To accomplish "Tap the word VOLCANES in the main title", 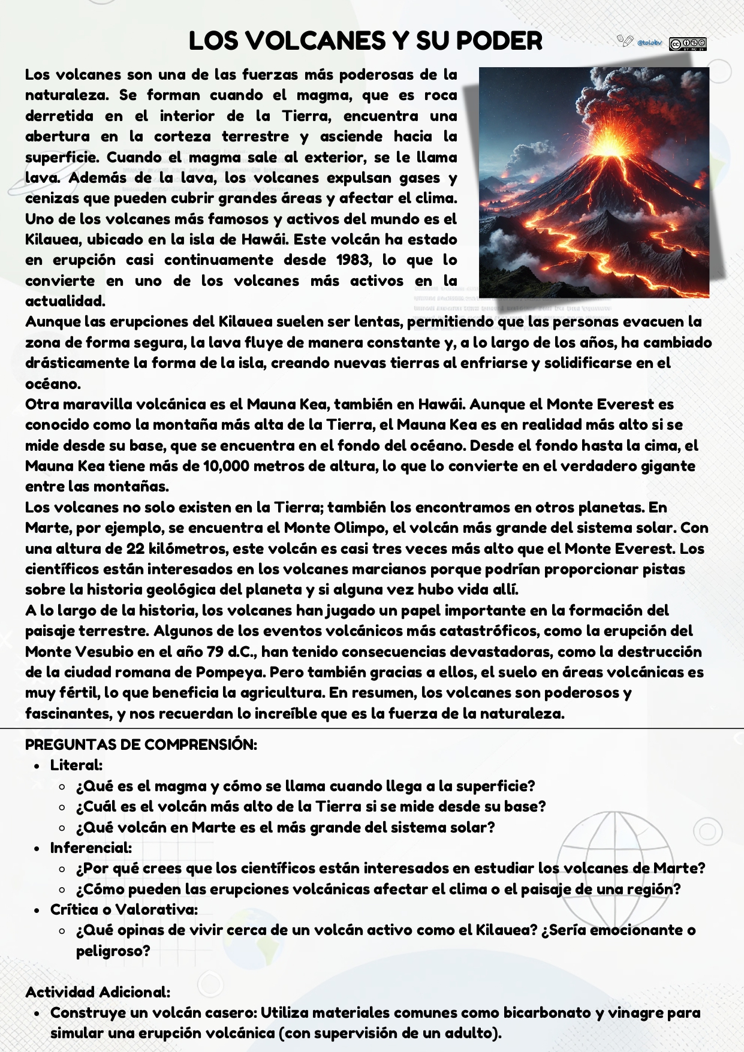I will coord(317,41).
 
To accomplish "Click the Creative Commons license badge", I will coord(687,44).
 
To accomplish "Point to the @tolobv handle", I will coord(649,43).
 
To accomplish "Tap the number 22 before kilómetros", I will coord(135,548).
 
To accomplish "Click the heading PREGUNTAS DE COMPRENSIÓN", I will coord(141,744).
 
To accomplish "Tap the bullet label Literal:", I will coord(76,765).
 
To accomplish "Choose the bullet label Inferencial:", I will coord(91,848).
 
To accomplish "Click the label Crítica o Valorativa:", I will coord(124,909).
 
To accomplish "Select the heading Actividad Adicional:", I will coord(98,992).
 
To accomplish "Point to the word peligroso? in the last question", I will coord(113,951).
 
